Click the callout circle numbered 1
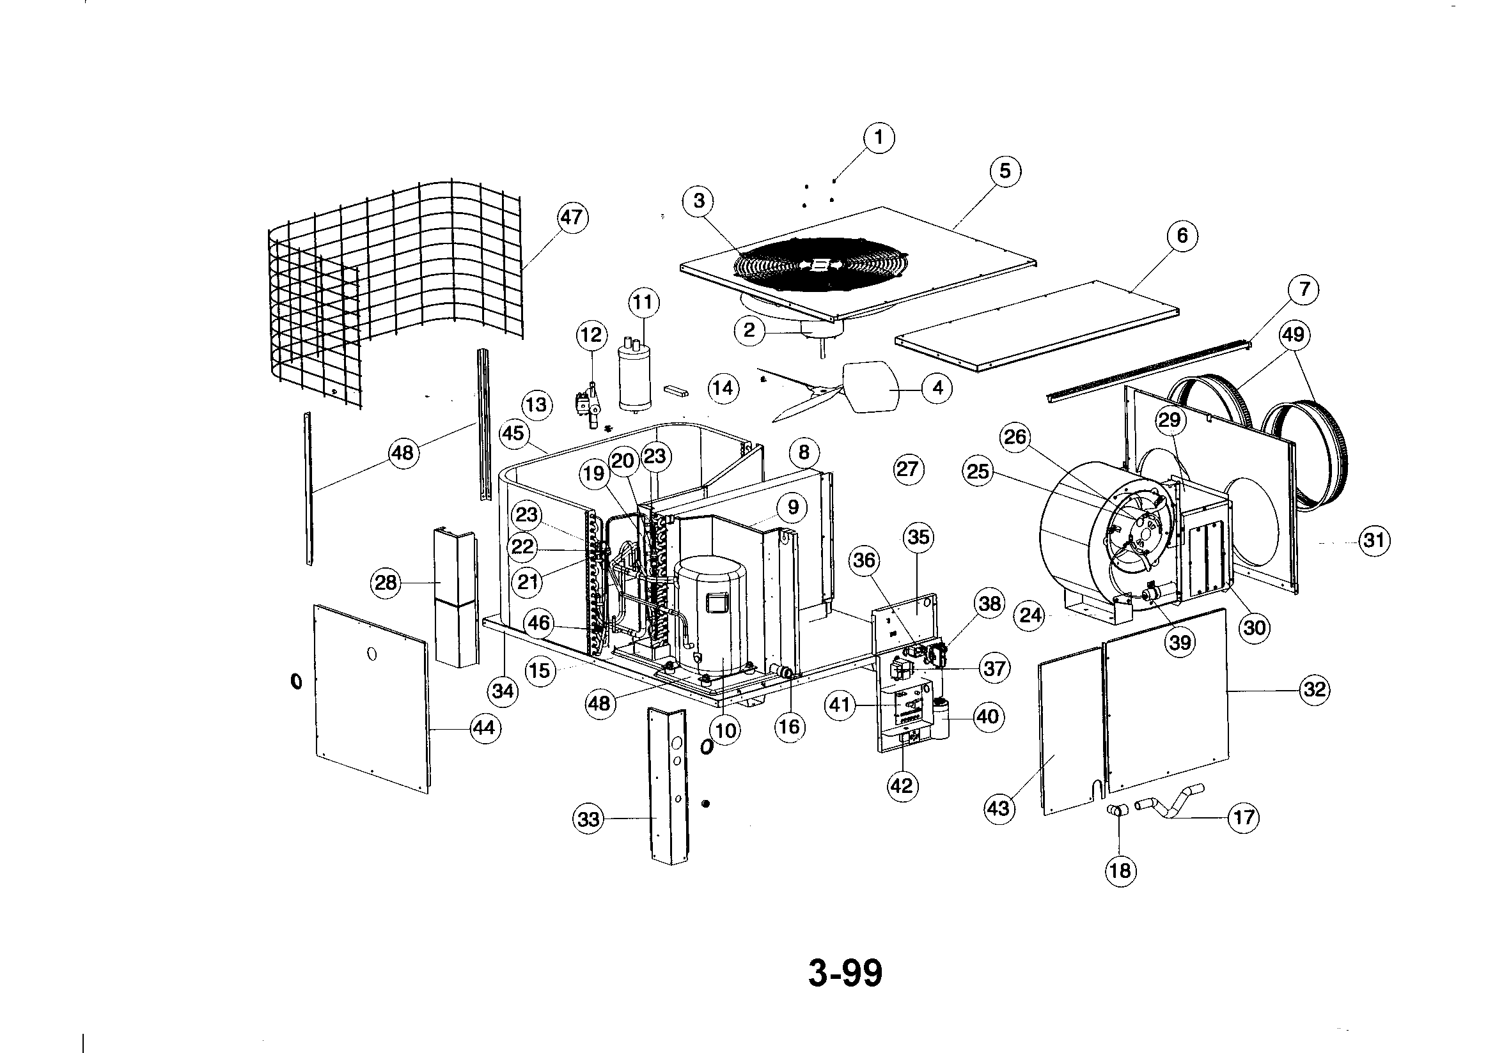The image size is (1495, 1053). pyautogui.click(x=879, y=138)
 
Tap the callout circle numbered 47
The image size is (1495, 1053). pyautogui.click(x=572, y=217)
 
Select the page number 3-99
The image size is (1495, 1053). pyautogui.click(x=845, y=974)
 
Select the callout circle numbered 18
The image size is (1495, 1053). pyautogui.click(x=1120, y=871)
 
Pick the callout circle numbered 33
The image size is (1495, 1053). pyautogui.click(x=588, y=819)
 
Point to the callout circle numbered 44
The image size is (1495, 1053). pyautogui.click(x=484, y=728)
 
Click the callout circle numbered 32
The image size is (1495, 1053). pyautogui.click(x=1315, y=689)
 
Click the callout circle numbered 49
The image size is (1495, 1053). pyautogui.click(x=1293, y=335)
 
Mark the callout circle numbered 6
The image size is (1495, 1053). pyautogui.click(x=1182, y=235)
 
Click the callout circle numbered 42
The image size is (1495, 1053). pyautogui.click(x=902, y=786)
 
